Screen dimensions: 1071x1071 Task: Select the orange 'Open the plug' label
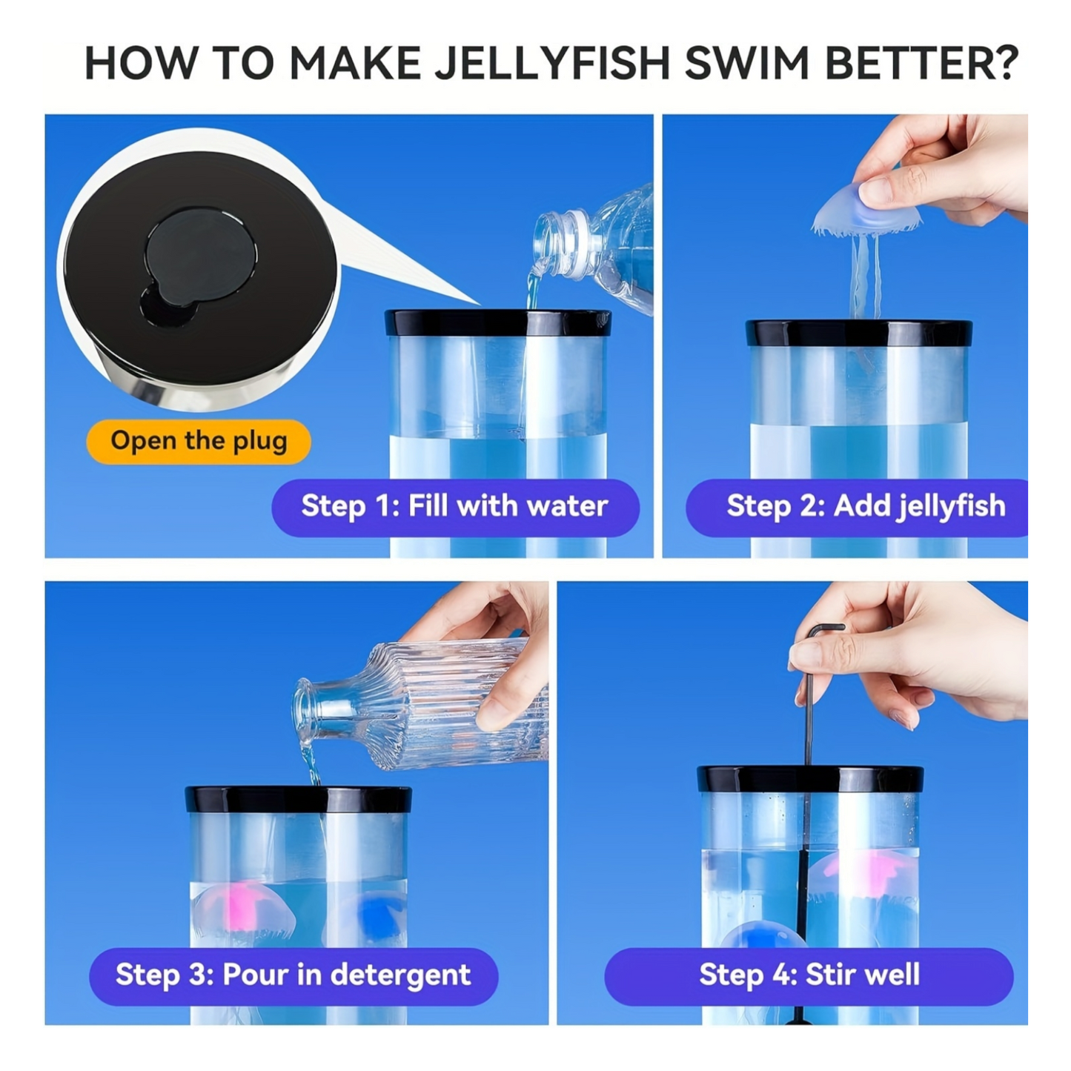pyautogui.click(x=199, y=441)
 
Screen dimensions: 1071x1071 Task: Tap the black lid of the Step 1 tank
pyautogui.click(x=498, y=323)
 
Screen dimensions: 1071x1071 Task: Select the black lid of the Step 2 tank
pyautogui.click(x=858, y=333)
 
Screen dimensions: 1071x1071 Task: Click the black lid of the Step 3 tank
pyautogui.click(x=298, y=799)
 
